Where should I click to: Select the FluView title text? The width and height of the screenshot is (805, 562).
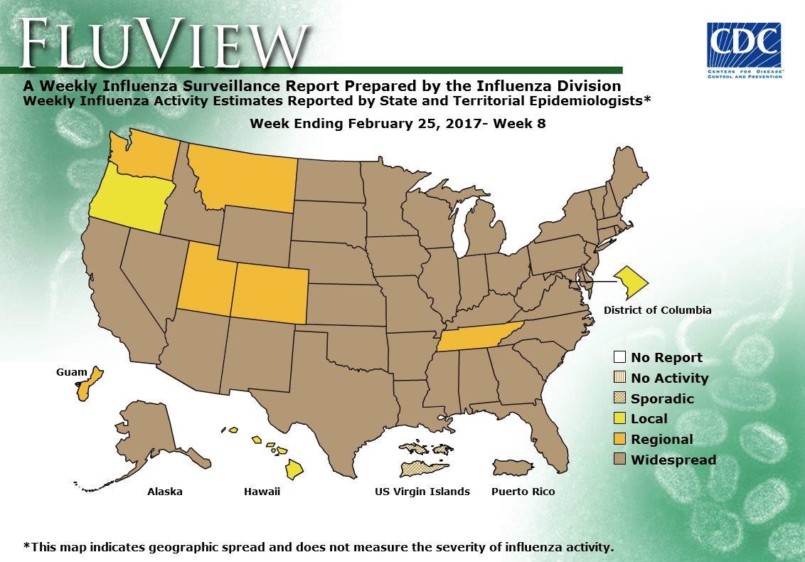coord(166,42)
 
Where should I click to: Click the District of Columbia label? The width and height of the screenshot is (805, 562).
coord(657,310)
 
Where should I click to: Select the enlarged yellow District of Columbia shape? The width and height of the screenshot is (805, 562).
coord(631,283)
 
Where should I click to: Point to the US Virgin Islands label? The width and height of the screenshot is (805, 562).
coord(422,492)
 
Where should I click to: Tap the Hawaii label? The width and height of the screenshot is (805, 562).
coord(262,492)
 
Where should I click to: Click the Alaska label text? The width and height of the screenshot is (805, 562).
coord(165,492)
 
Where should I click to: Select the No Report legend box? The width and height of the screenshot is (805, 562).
coord(619,357)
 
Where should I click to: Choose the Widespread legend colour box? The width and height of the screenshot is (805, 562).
coord(619,460)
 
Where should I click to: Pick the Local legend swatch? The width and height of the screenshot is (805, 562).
coord(619,418)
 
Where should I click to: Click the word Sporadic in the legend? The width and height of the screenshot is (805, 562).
coord(662,398)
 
